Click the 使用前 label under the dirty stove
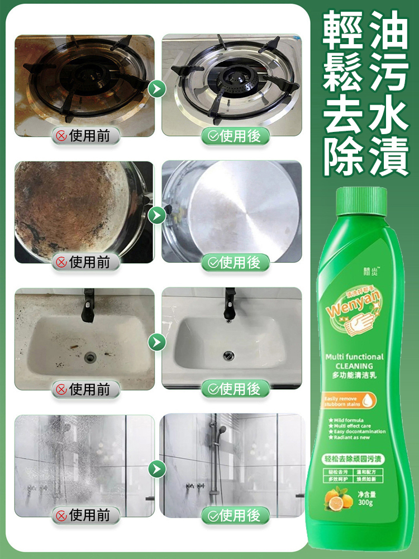[85, 136]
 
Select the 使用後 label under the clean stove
[235, 136]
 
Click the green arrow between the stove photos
[158, 88]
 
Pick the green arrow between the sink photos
[158, 341]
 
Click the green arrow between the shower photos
[158, 468]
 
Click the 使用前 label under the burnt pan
[85, 262]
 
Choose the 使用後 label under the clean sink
[235, 389]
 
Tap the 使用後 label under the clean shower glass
[235, 515]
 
